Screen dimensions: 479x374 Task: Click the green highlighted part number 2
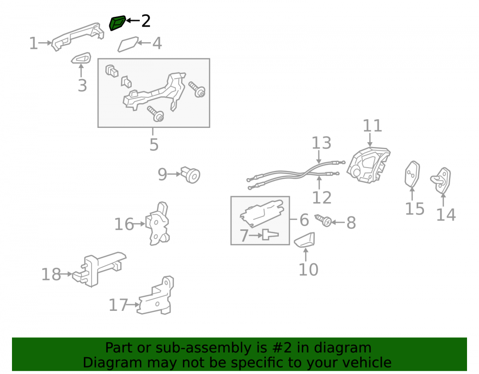[117, 23]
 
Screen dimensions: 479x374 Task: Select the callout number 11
[372, 126]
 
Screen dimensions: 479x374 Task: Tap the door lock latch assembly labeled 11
[368, 165]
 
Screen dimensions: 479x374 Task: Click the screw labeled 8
[323, 220]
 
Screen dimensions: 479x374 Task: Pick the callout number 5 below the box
[154, 145]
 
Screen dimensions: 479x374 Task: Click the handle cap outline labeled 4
[128, 44]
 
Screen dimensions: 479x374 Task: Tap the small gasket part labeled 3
[81, 58]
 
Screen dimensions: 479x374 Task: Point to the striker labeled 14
[441, 180]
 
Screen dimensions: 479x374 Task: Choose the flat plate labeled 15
[412, 174]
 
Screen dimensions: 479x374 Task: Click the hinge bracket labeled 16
[158, 224]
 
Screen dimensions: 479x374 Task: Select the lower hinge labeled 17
[156, 297]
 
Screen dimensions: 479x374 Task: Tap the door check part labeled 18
[98, 269]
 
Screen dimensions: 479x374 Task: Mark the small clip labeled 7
[270, 235]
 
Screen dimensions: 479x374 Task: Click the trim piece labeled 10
[305, 239]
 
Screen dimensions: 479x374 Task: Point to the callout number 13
[321, 143]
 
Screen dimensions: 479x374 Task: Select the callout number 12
[322, 197]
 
